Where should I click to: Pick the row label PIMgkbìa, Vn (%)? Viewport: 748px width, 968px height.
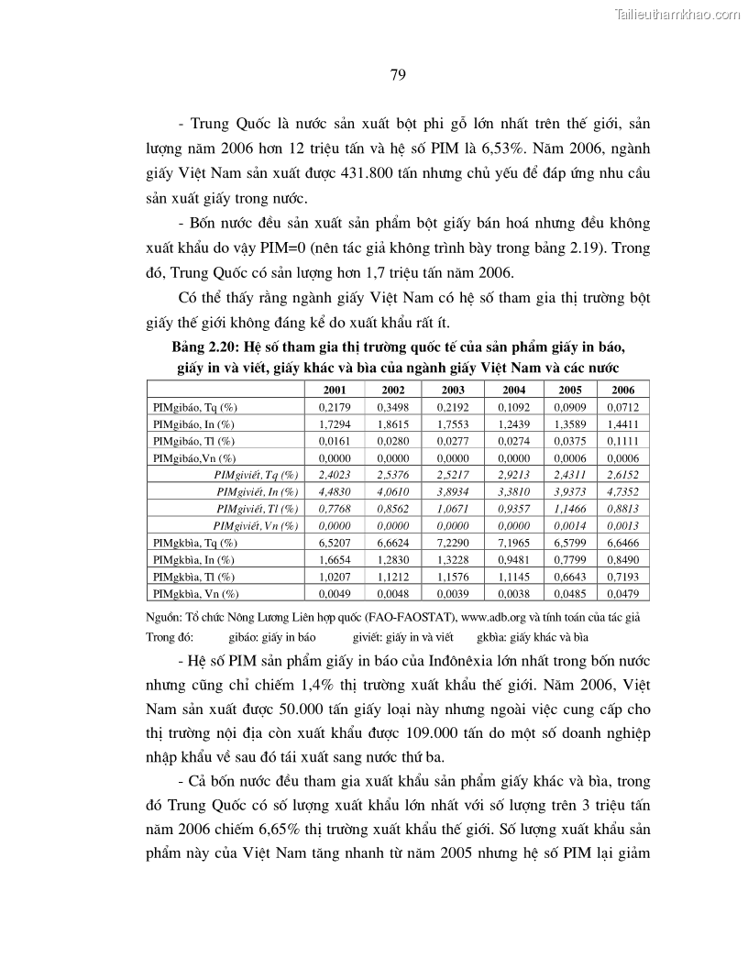(196, 594)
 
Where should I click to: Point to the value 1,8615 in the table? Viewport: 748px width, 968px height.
(386, 423)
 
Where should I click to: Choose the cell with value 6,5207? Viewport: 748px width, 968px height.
(329, 543)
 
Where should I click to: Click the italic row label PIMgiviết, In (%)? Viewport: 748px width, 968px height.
(256, 491)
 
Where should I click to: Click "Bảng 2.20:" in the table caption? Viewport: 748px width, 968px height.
(203, 348)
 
